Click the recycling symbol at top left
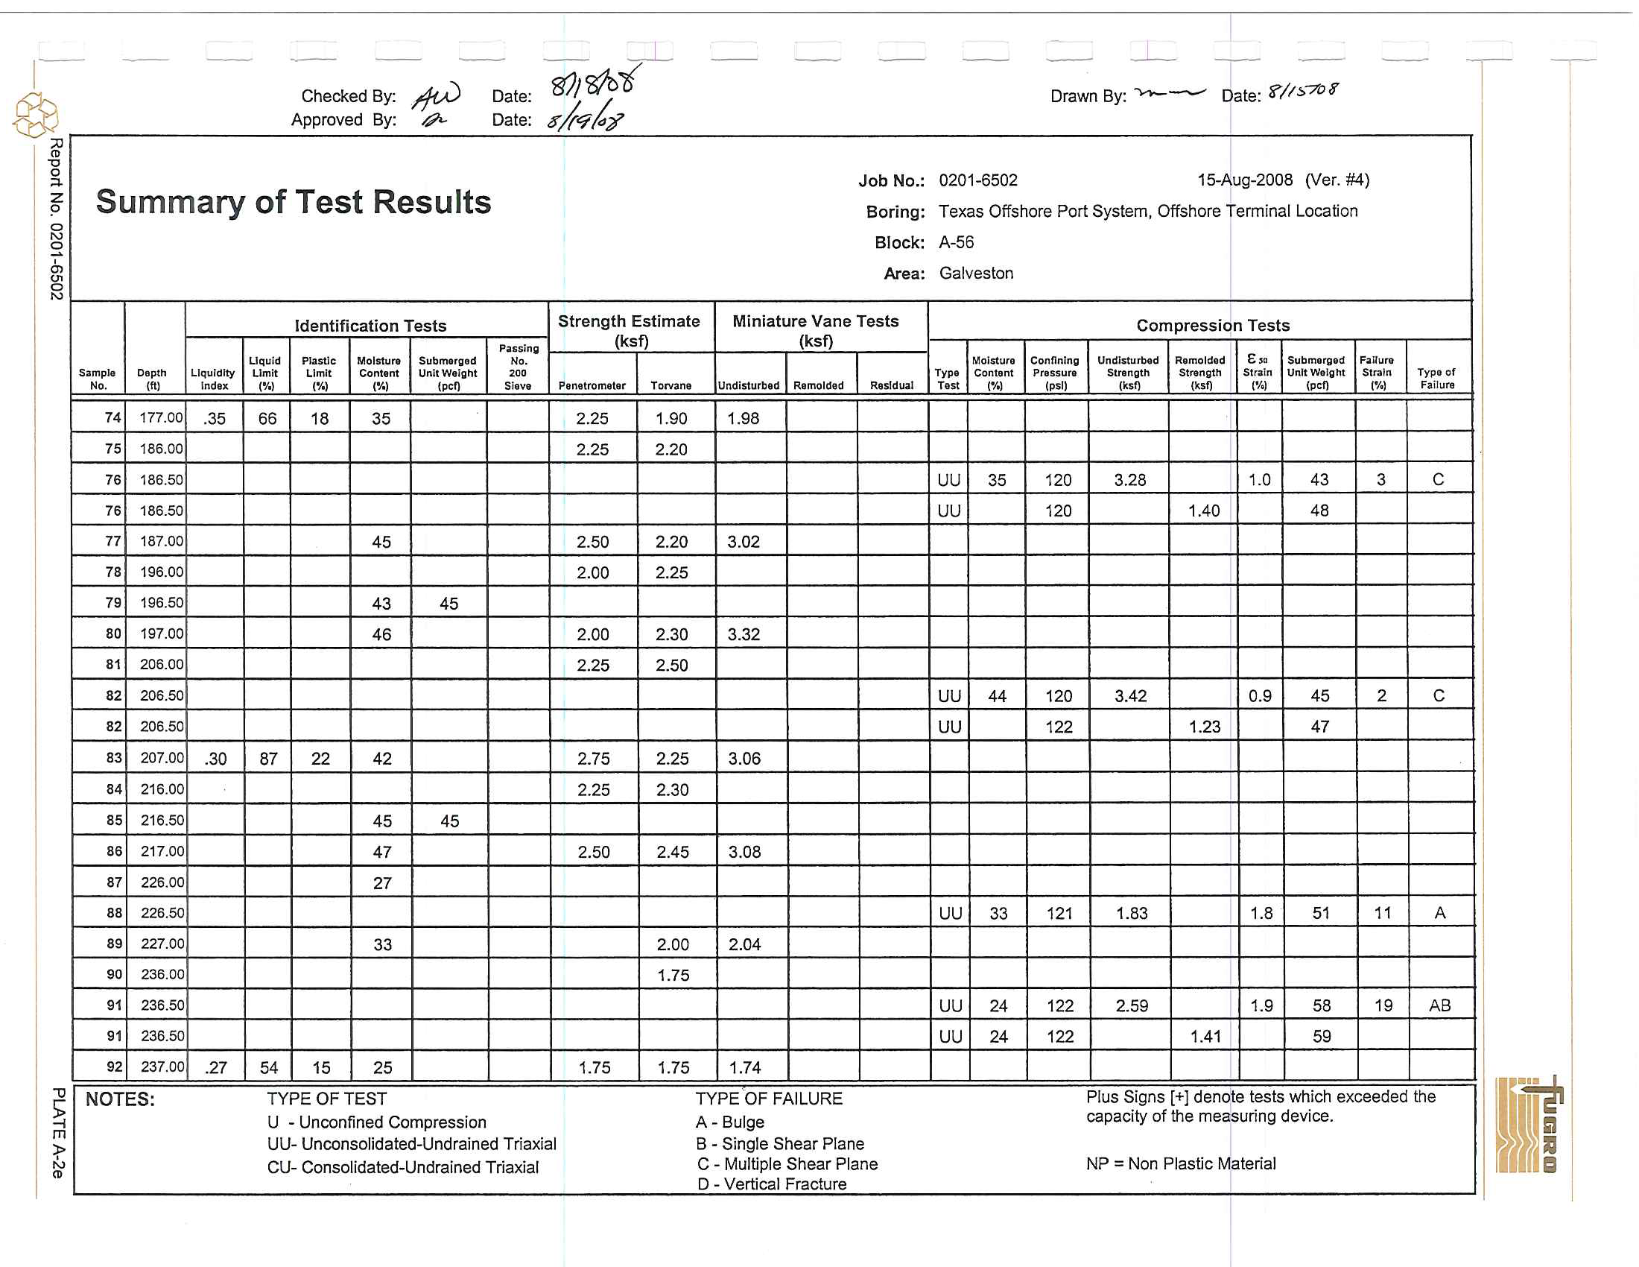[x=35, y=115]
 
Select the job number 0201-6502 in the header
[x=978, y=181]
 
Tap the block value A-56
[x=956, y=242]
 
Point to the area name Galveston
[x=976, y=274]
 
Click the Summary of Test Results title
[x=294, y=203]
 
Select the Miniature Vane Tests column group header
[x=816, y=330]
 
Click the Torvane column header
[x=671, y=386]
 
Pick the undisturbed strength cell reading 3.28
[x=1129, y=481]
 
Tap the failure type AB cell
[x=1439, y=1006]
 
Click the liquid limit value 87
[x=268, y=759]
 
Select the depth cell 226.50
[x=162, y=914]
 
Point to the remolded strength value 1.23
[x=1204, y=727]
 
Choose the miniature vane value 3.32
[x=744, y=635]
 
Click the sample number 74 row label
[x=112, y=418]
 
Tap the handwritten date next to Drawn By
[x=1302, y=92]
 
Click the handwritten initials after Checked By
[x=437, y=96]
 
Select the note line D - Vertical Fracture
[x=772, y=1184]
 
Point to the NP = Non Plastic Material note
[x=1181, y=1163]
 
